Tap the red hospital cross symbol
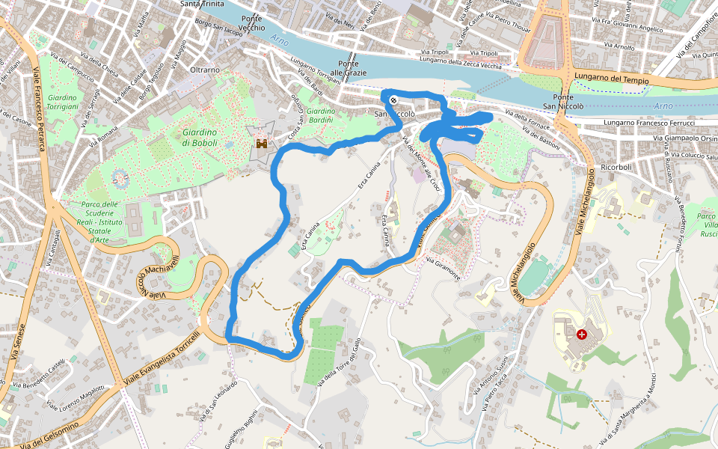[x=582, y=335]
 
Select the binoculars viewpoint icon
[x=263, y=143]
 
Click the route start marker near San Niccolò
[x=393, y=99]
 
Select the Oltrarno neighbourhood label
[x=205, y=70]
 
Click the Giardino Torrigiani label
[x=63, y=102]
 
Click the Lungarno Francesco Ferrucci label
[x=650, y=122]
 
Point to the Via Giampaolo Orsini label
[x=685, y=138]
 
